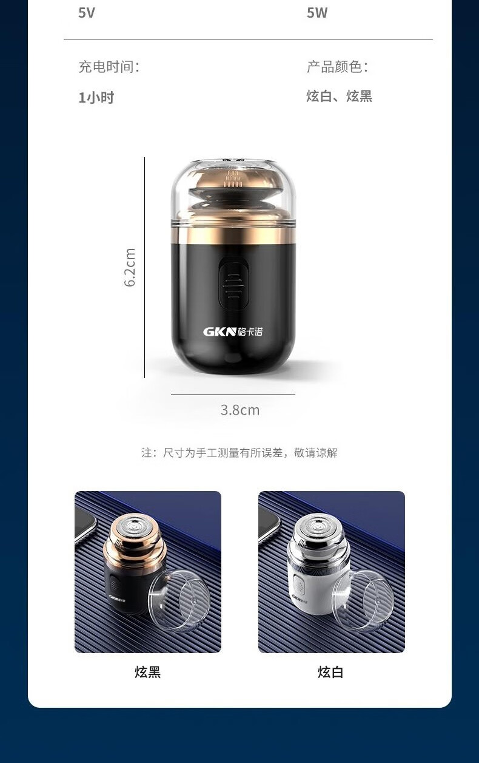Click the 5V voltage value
(x=87, y=13)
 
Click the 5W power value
(x=317, y=13)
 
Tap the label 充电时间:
(x=109, y=66)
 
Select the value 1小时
(x=96, y=97)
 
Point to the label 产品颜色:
(x=337, y=66)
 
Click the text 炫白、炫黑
(x=339, y=96)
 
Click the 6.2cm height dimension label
(x=130, y=268)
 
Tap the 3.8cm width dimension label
(x=240, y=410)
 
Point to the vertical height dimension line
(x=144, y=268)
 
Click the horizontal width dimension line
(x=233, y=395)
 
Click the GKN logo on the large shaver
(x=233, y=331)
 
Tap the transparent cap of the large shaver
(x=233, y=191)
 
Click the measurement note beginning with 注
(x=239, y=453)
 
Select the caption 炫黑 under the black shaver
(x=148, y=672)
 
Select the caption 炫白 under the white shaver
(x=330, y=672)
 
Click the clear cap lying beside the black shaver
(x=179, y=600)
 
